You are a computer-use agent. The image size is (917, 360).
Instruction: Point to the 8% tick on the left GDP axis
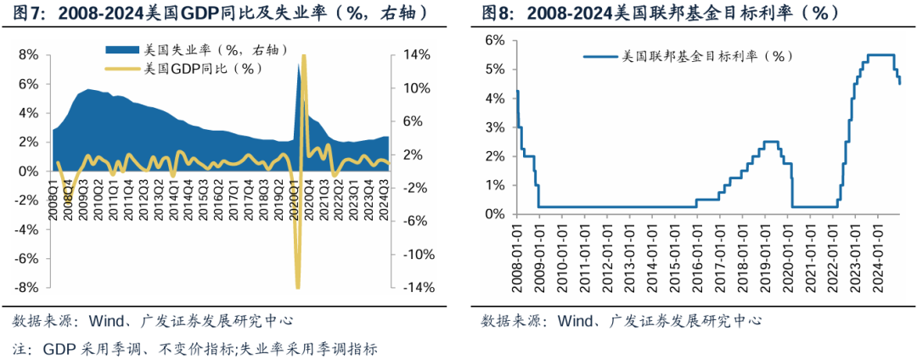pyautogui.click(x=27, y=55)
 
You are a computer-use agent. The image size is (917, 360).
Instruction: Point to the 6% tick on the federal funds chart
pyautogui.click(x=496, y=40)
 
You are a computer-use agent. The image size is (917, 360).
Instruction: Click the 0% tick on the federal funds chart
pyautogui.click(x=496, y=215)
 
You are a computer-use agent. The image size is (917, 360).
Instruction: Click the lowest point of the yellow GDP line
pyautogui.click(x=297, y=288)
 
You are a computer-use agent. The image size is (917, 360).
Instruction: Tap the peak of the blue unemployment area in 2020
pyautogui.click(x=298, y=65)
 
